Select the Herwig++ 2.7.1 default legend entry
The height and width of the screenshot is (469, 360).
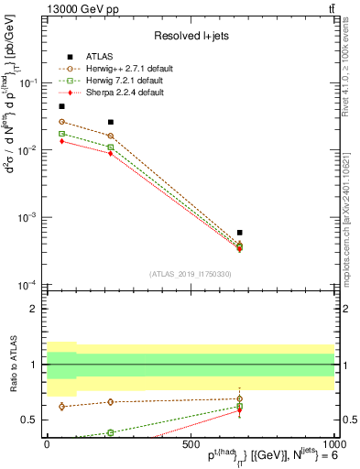point(125,68)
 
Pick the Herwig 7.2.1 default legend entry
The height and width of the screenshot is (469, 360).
point(122,81)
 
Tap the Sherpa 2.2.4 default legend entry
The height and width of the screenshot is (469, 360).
point(122,93)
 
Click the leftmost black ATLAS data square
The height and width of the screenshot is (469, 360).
point(61,106)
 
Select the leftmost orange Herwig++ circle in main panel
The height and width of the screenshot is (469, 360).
point(61,122)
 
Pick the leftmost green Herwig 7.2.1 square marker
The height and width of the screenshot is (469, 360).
point(61,134)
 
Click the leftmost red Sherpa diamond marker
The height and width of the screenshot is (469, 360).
point(61,141)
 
